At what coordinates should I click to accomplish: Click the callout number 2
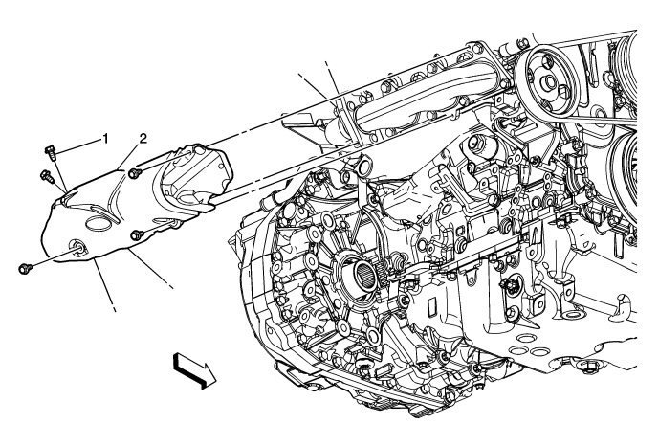tap(143, 139)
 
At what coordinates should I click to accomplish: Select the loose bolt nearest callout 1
tap(51, 149)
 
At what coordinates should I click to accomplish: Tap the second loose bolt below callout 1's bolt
tap(44, 175)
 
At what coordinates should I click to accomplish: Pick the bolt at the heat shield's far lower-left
tap(24, 269)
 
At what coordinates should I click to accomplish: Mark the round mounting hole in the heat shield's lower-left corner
tap(76, 251)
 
